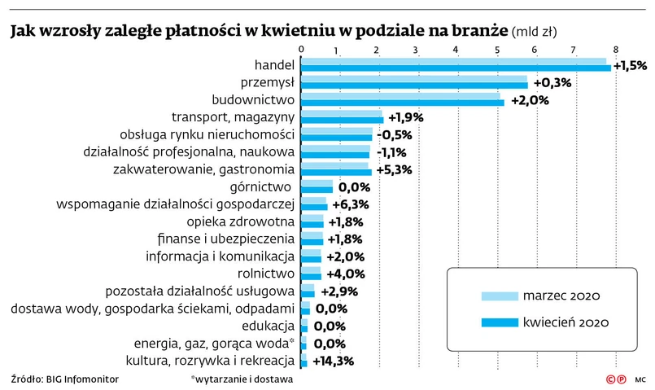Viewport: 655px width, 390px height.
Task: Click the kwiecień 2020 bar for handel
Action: click(x=456, y=68)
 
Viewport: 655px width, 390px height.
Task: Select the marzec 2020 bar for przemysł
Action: click(x=413, y=79)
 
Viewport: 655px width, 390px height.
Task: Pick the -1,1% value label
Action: click(x=391, y=152)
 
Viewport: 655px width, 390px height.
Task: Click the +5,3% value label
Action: click(x=393, y=169)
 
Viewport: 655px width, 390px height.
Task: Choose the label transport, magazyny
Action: click(x=233, y=117)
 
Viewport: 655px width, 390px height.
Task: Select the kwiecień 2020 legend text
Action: click(x=566, y=323)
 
